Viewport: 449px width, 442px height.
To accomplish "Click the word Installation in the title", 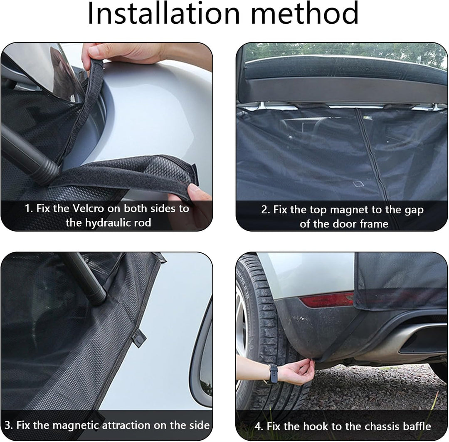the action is (163, 13).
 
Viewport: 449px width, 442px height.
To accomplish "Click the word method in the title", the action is (304, 13).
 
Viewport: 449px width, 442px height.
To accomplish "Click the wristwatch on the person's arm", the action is (273, 373).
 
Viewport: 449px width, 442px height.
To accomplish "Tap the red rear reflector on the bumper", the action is (327, 300).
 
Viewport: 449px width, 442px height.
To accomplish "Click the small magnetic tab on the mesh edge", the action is (139, 338).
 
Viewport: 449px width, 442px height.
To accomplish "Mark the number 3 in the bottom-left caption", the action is (8, 425).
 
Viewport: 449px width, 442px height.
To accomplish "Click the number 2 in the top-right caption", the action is (264, 210).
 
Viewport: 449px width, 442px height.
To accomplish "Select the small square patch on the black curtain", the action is (358, 184).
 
